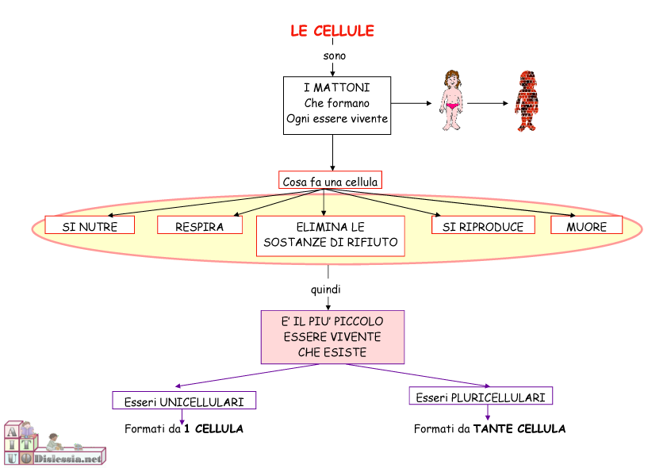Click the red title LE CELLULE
point(332,31)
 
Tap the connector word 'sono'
point(335,56)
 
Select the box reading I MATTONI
point(337,106)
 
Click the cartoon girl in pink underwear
point(451,101)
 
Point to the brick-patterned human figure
point(526,101)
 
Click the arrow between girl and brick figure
point(488,103)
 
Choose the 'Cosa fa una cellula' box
point(330,180)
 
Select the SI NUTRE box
point(90,225)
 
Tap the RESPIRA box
point(200,225)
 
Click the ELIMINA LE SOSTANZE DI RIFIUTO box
point(331,236)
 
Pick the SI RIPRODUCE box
point(483,225)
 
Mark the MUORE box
point(587,225)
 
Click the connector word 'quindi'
point(325,290)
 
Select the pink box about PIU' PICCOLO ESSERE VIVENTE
point(332,337)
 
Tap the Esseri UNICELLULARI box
point(184,401)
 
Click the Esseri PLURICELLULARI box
point(481,396)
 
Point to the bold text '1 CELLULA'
point(213,428)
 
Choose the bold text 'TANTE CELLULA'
point(519,428)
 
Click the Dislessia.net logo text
point(68,459)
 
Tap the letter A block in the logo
point(12,432)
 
